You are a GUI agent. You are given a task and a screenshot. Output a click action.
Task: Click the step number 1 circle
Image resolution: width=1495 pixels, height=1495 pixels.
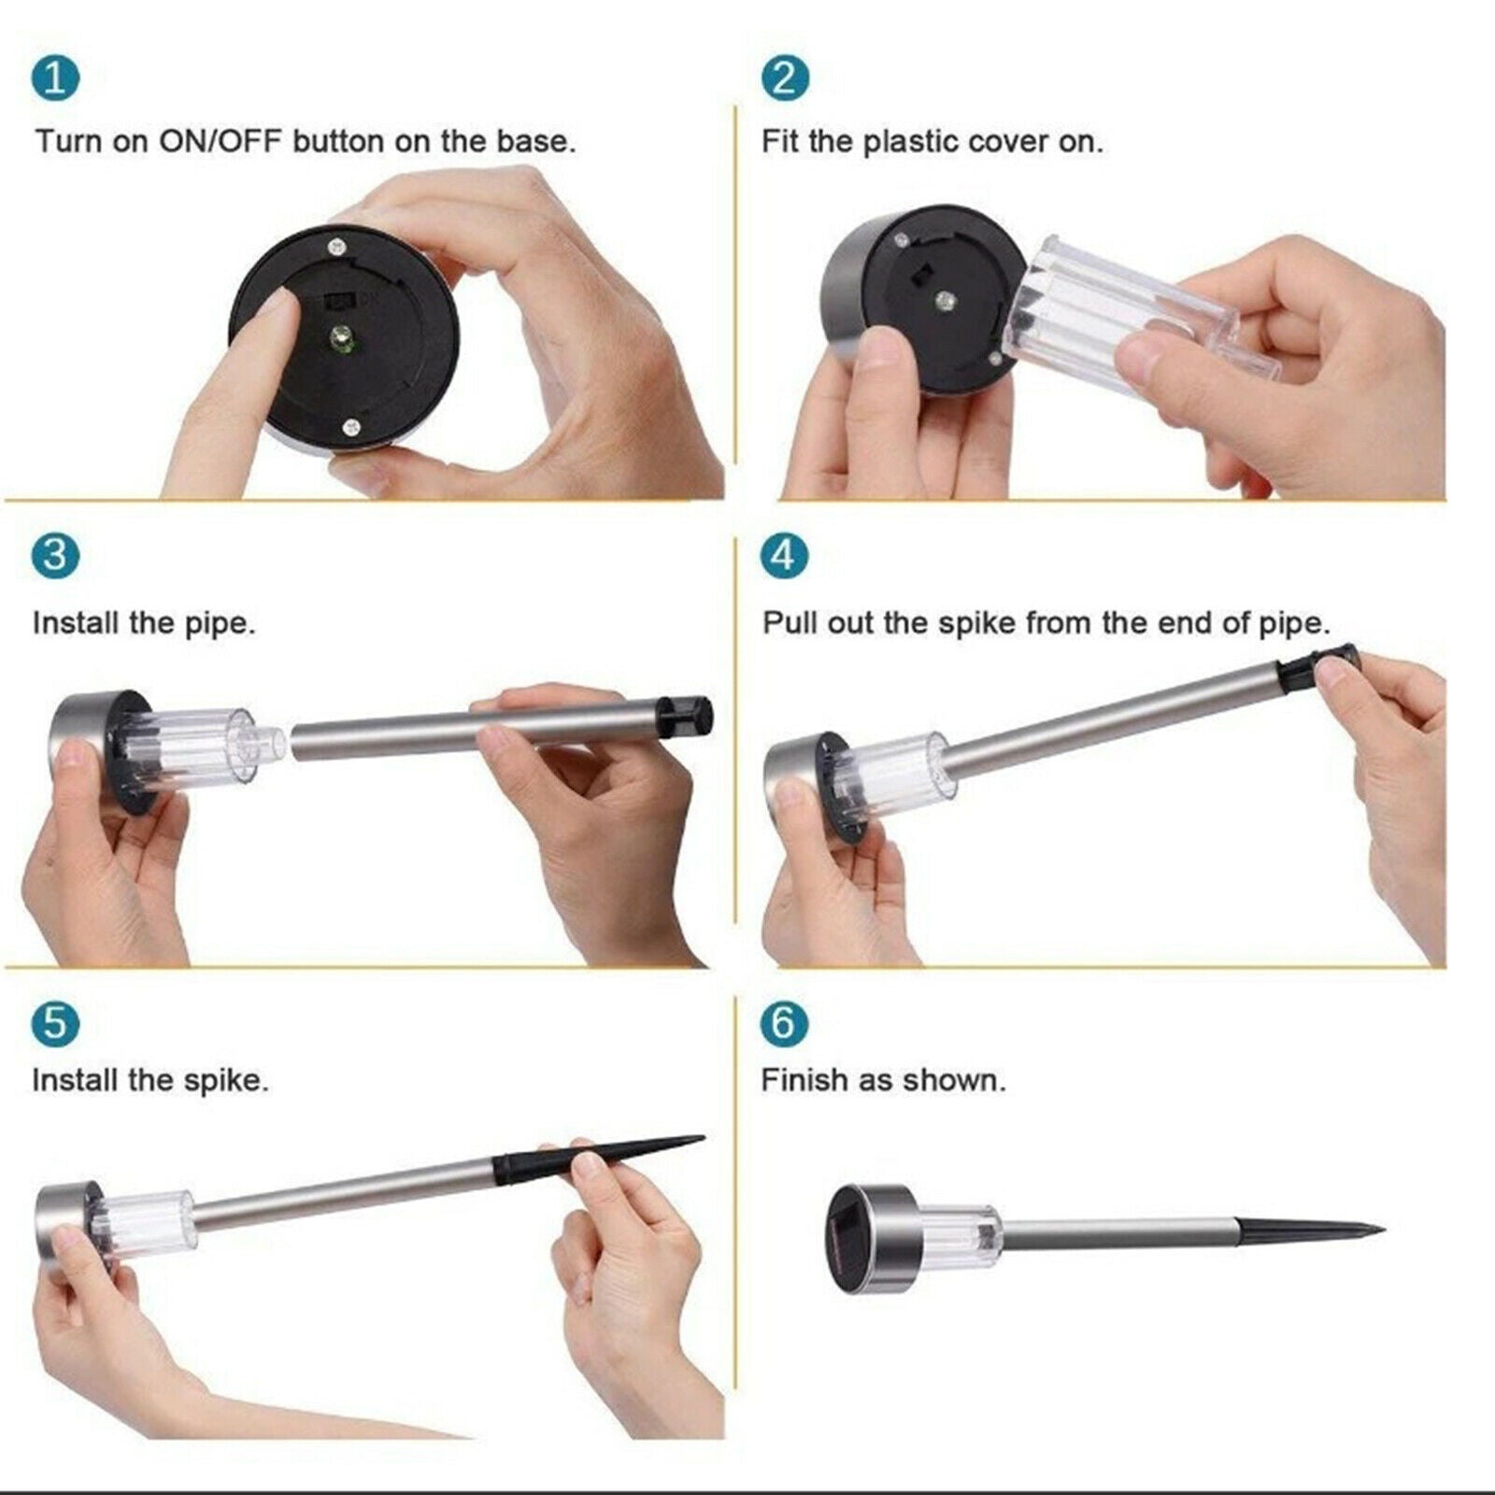tap(55, 78)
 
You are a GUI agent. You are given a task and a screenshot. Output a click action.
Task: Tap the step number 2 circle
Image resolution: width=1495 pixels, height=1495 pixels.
tap(785, 78)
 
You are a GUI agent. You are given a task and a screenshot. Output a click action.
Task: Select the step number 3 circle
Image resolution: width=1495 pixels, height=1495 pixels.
tap(55, 556)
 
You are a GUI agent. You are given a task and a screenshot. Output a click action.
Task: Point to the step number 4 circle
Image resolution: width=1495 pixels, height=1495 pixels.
tap(785, 556)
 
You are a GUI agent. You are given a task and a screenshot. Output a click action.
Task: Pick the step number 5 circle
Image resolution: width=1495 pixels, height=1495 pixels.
tap(55, 1023)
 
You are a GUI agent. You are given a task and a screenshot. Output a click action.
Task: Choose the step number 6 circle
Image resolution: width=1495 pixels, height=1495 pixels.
tap(785, 1023)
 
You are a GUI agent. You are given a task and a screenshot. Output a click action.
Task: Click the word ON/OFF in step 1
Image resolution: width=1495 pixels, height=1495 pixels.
tap(220, 142)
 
